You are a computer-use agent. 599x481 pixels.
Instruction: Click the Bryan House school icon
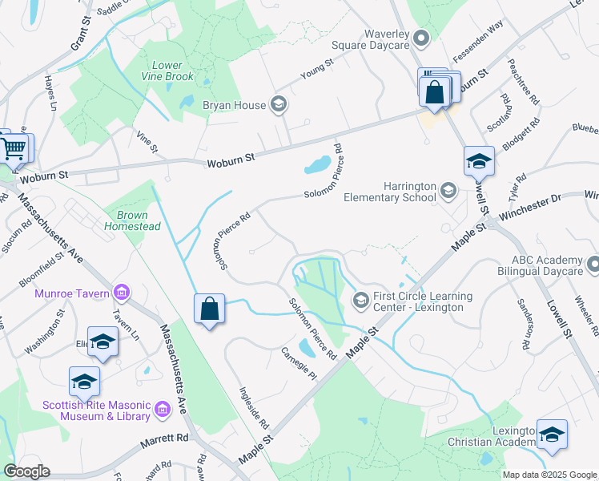tap(279, 103)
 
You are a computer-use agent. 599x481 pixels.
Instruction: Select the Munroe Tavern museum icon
tap(122, 293)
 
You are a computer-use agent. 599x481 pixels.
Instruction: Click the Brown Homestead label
tap(132, 221)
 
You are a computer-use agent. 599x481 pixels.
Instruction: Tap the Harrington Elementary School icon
tap(448, 190)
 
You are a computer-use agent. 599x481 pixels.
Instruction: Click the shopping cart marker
tap(14, 148)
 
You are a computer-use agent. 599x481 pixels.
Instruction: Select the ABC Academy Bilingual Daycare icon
tap(592, 264)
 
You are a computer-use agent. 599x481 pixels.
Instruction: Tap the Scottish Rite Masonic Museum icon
tap(163, 410)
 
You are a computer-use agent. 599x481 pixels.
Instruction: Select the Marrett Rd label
tap(166, 439)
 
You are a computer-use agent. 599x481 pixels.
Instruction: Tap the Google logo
tap(26, 471)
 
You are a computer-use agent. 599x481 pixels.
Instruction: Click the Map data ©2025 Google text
tap(549, 475)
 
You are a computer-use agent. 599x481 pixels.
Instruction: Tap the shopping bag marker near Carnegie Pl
tap(209, 309)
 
